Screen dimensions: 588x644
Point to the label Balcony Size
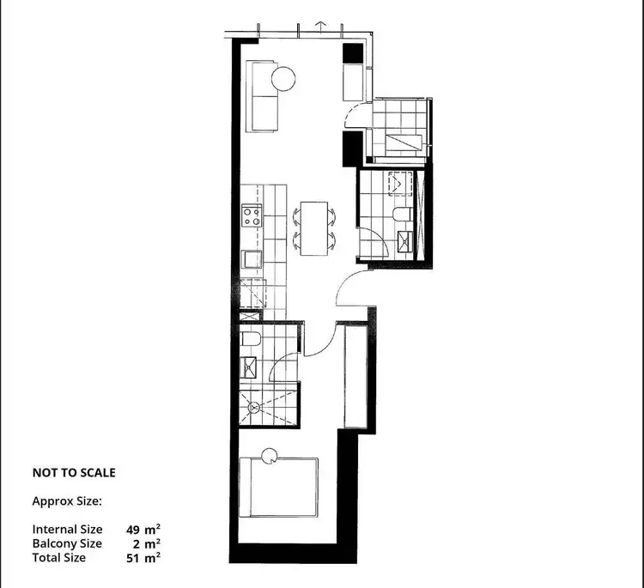pyautogui.click(x=67, y=543)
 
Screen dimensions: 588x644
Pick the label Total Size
pyautogui.click(x=59, y=557)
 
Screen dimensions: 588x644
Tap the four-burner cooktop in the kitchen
pyautogui.click(x=252, y=215)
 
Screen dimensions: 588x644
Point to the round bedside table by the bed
pyautogui.click(x=270, y=458)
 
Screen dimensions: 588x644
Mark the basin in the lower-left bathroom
pyautogui.click(x=251, y=370)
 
